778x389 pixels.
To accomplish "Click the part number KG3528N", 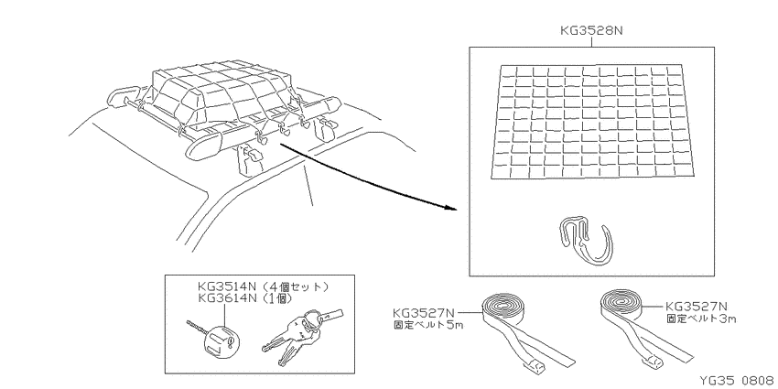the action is coord(591,31).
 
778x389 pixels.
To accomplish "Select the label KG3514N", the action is coord(227,286).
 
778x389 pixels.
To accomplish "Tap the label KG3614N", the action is coord(227,297).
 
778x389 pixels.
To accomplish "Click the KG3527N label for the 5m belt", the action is coord(424,313).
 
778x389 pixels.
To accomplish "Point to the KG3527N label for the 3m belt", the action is coord(697,307).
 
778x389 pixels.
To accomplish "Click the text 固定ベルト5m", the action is coord(427,326).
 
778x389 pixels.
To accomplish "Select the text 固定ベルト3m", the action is coord(700,319).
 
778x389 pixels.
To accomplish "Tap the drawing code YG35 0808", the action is coord(737,381).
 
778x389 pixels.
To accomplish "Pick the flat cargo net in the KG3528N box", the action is coord(592,122).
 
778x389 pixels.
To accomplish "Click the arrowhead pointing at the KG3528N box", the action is coord(450,208).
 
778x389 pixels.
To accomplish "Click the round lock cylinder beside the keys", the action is coord(220,340).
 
